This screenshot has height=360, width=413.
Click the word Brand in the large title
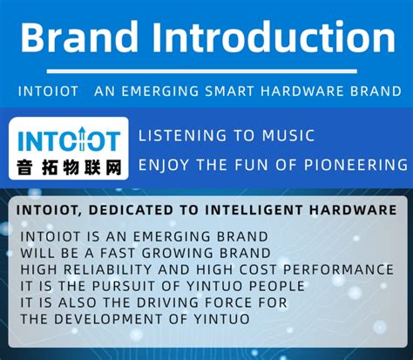(79, 39)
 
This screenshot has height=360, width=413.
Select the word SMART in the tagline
(255, 92)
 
